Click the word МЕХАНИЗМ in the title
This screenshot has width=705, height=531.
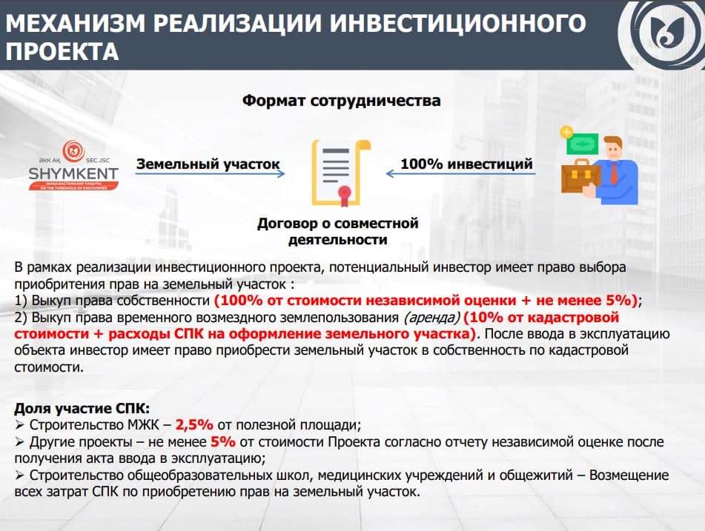pos(75,23)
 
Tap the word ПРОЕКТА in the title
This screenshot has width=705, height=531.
pos(62,51)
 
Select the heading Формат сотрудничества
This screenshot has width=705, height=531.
pos(341,101)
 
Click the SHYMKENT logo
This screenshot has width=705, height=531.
pos(73,165)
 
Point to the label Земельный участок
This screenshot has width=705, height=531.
pos(208,164)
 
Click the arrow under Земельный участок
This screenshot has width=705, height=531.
pos(210,174)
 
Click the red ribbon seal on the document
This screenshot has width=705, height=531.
pos(345,196)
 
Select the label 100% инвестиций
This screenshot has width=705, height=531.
pos(466,164)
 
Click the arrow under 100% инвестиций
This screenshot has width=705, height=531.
pos(460,174)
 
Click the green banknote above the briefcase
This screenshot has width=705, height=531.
pos(582,144)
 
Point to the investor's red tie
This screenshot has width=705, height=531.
pos(614,173)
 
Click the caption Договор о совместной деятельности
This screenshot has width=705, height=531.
pos(337,231)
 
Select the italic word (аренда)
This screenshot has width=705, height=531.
pos(431,318)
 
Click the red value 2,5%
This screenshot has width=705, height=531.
pos(194,424)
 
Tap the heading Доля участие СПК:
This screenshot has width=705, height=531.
pos(82,408)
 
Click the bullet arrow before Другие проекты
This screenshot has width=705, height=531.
pos(19,441)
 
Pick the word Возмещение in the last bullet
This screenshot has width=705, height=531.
pos(629,475)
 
